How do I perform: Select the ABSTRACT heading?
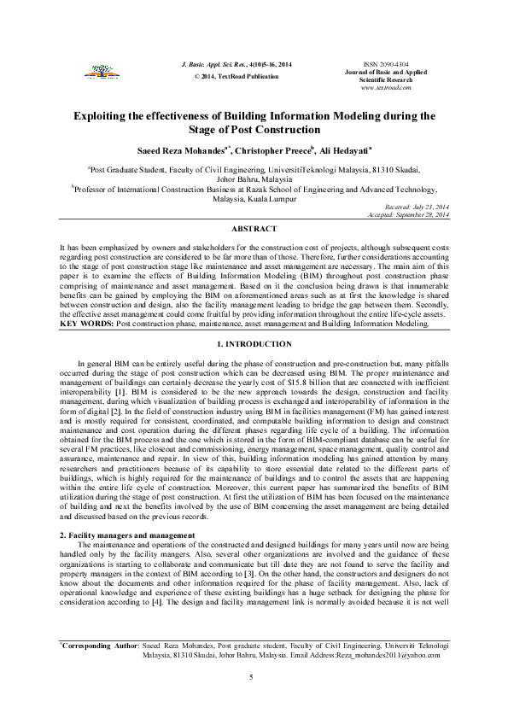[x=254, y=230]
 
